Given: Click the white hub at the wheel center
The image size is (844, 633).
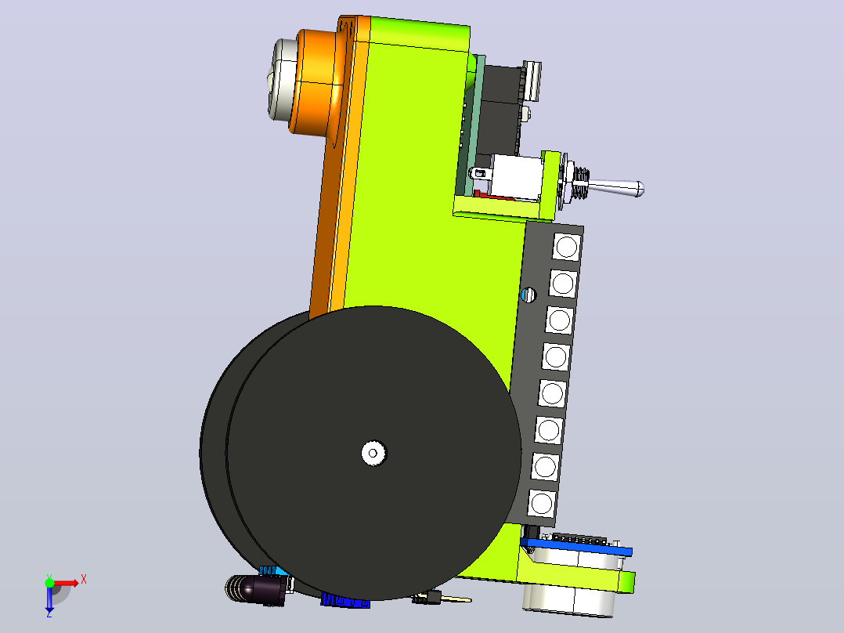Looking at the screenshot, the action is [x=373, y=453].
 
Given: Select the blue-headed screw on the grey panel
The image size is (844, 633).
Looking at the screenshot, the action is [x=528, y=295].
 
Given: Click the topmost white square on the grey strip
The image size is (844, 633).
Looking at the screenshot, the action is [x=566, y=248].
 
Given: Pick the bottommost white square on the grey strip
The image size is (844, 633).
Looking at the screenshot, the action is [x=542, y=504].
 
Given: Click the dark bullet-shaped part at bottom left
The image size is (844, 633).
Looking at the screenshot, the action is [x=257, y=589].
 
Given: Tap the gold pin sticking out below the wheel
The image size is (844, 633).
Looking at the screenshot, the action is [x=456, y=599].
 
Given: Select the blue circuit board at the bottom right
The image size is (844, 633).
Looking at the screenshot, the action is [x=576, y=546].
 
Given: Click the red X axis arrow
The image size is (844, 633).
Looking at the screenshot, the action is [x=66, y=582].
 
